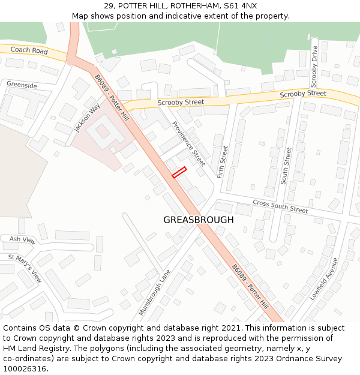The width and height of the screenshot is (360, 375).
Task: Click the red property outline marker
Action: click(x=179, y=173)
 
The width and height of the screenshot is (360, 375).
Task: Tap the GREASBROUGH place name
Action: click(x=199, y=220)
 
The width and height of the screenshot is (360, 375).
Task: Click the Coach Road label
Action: click(x=29, y=51)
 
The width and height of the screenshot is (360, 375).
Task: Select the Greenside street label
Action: click(x=22, y=85)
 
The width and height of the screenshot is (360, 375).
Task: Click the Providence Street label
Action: click(x=188, y=143)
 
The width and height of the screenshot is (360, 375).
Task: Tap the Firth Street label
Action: click(x=223, y=162)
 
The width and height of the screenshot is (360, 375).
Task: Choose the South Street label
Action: click(x=287, y=165)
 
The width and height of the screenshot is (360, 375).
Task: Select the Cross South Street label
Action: click(x=280, y=207)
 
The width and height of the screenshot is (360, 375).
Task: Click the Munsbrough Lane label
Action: click(x=154, y=293)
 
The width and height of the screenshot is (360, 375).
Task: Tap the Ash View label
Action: click(x=23, y=240)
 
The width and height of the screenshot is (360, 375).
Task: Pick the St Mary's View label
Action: click(x=25, y=268)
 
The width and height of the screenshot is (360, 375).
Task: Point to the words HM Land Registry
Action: click(x=36, y=348)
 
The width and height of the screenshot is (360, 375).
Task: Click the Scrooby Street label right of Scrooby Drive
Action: click(x=303, y=94)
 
